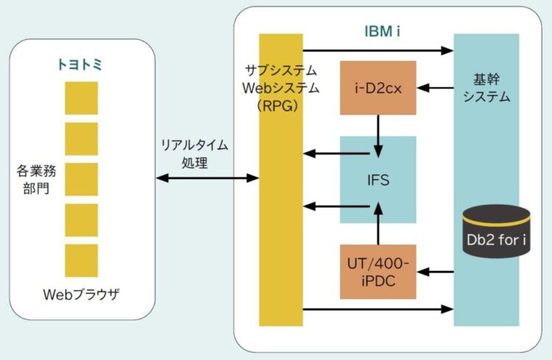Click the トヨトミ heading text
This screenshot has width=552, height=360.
(80, 65)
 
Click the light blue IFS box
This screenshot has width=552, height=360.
(378, 179)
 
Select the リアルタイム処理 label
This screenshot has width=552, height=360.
(195, 154)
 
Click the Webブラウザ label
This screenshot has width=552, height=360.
(80, 295)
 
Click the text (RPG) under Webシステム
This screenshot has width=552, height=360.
(280, 104)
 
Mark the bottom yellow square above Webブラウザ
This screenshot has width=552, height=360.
(81, 260)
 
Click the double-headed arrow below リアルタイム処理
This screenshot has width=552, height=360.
(207, 178)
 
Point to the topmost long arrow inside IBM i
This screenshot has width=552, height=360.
(378, 51)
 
